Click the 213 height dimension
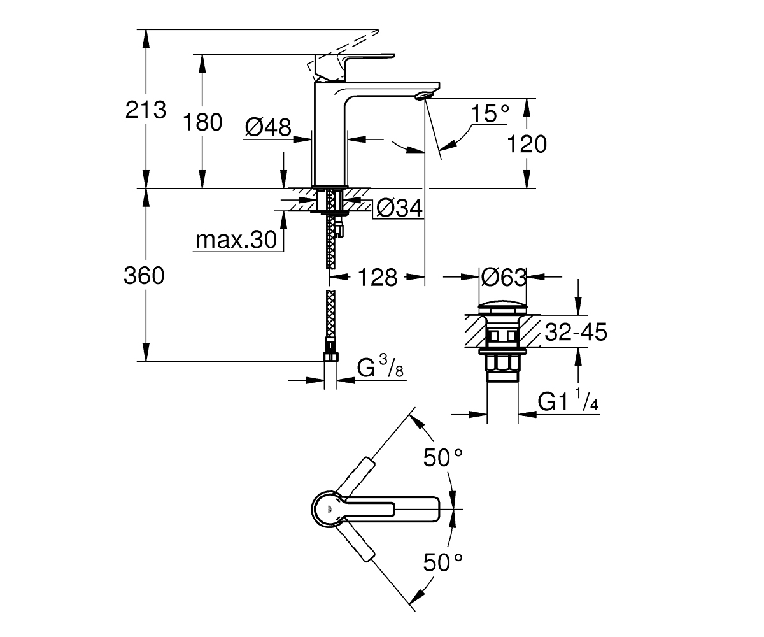point(146,110)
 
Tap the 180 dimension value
point(202,122)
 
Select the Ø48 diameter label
point(268,127)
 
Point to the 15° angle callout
point(490,113)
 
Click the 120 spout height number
point(527,144)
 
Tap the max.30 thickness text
point(236,240)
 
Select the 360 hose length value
point(144,276)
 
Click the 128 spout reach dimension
point(378,278)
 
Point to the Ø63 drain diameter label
point(504,278)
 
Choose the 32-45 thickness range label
point(576,332)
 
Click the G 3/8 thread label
point(380,366)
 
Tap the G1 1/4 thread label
point(568,400)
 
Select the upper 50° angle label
point(443,457)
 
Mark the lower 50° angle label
point(443,562)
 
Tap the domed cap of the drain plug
point(503,308)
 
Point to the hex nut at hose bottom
point(330,357)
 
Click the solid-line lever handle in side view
point(355,68)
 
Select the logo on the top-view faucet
point(329,509)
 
